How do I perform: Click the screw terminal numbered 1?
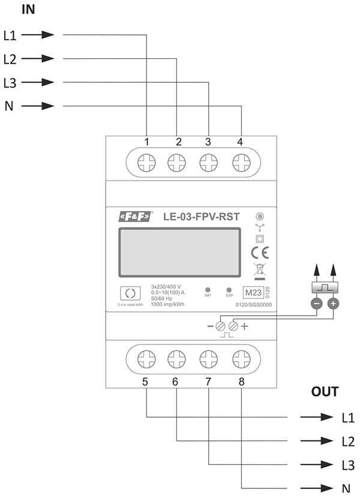coord(147,162)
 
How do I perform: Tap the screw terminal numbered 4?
coord(241,162)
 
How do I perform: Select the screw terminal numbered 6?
coord(177,359)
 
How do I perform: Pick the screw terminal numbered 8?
coord(241,359)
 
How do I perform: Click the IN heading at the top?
coord(28,10)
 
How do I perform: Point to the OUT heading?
coord(325,392)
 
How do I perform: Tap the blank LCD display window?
coord(178,254)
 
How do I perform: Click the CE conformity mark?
coord(260,252)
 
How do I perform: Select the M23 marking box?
coord(252,293)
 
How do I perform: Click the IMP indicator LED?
coord(207,290)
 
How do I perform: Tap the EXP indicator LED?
coord(229,290)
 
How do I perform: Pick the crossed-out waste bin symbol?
coord(259,270)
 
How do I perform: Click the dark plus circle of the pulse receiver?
coord(333,304)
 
